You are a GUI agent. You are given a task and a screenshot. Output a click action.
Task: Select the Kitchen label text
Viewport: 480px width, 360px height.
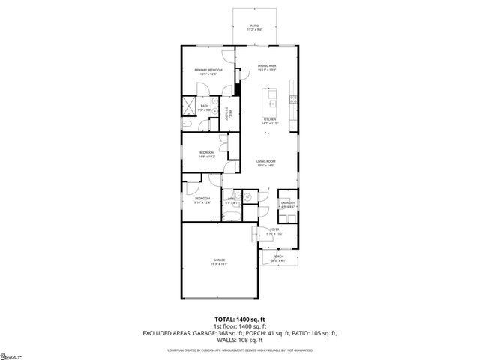(270, 120)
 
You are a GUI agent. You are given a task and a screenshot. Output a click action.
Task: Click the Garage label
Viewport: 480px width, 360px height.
(218, 260)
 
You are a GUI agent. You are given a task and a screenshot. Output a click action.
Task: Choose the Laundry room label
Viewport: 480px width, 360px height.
(287, 202)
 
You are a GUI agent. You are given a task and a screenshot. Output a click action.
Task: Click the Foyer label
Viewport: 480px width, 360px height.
(274, 229)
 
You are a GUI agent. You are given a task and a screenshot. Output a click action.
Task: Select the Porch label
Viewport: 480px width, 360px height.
(278, 256)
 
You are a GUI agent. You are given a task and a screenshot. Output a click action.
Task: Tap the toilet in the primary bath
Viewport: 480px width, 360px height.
(187, 122)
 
